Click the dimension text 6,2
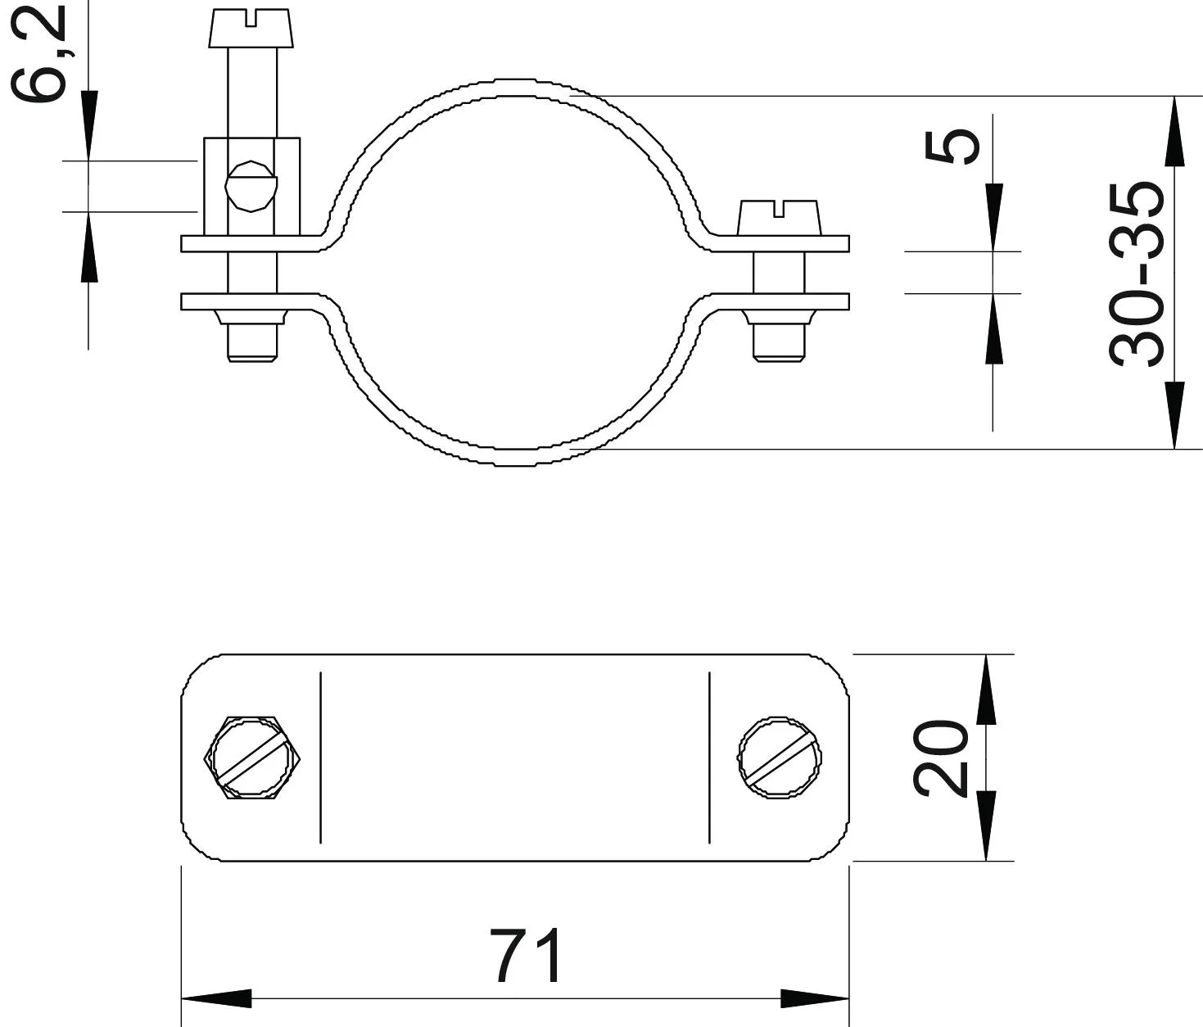pos(38,52)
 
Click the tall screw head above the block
pos(251,28)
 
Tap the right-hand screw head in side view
pos(779,218)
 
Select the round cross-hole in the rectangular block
pos(251,186)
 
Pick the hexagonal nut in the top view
pos(252,758)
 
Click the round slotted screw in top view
pos(780,758)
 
